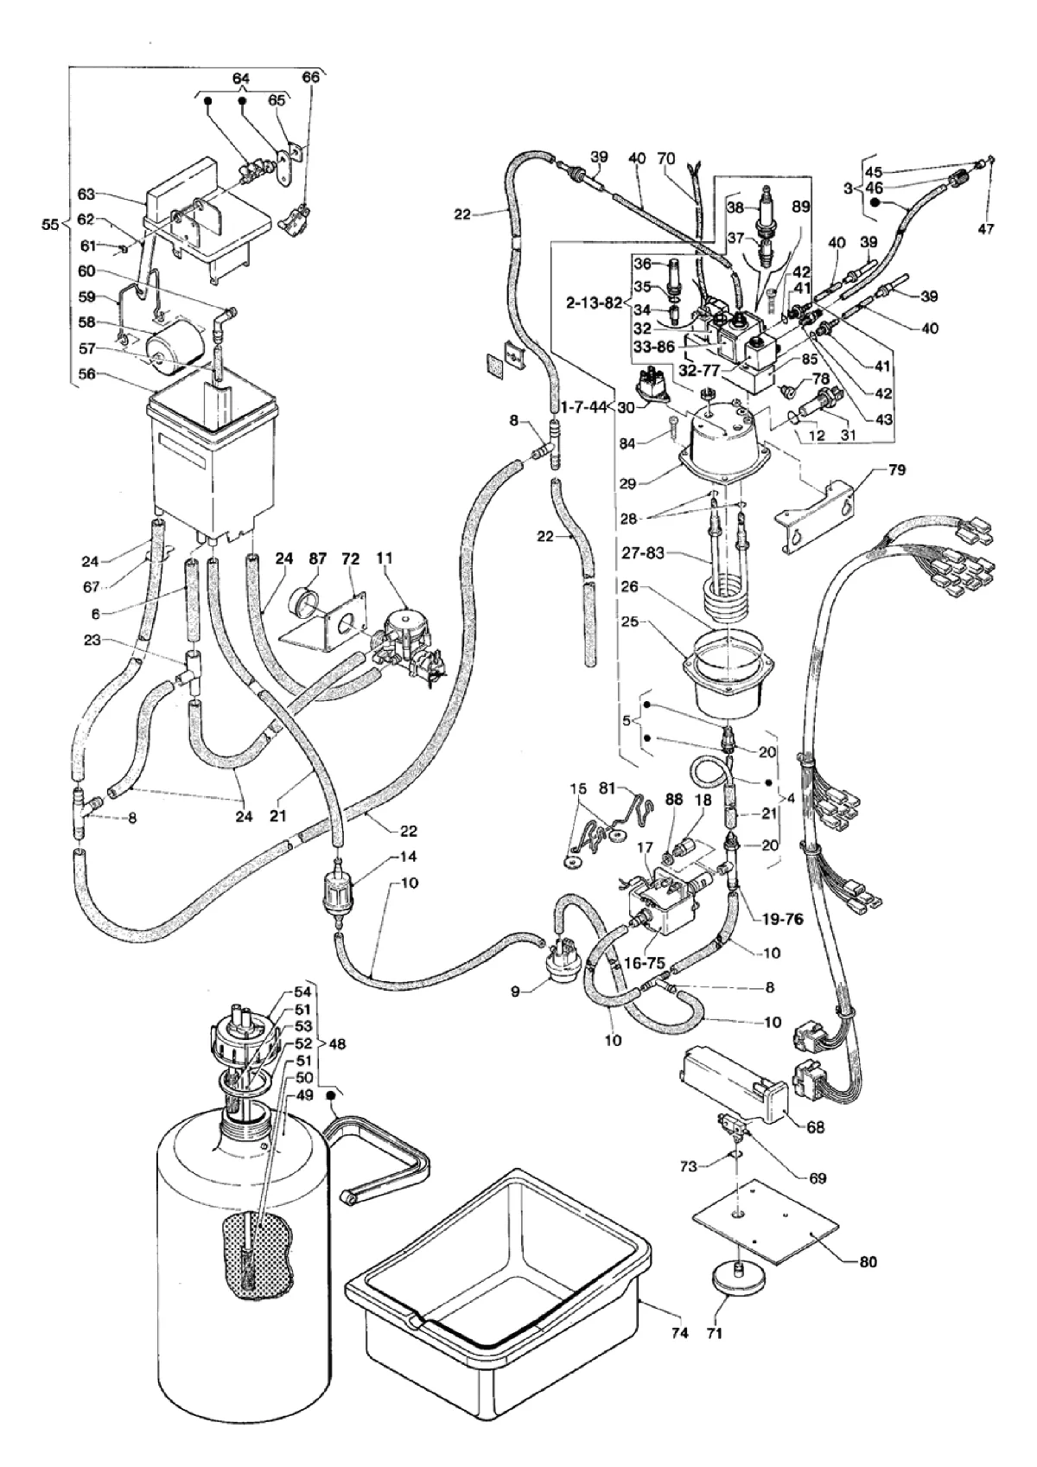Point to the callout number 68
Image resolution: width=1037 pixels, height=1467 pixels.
pos(816,1127)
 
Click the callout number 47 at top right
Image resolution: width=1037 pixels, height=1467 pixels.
pos(986,228)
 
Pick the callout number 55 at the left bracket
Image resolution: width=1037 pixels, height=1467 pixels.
pos(50,225)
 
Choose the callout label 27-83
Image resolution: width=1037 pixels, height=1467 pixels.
pos(644,554)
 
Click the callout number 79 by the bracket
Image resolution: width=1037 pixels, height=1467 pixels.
pos(897,470)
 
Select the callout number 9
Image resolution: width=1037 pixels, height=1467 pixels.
pos(515,992)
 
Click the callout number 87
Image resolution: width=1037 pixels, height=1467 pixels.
pos(317,558)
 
